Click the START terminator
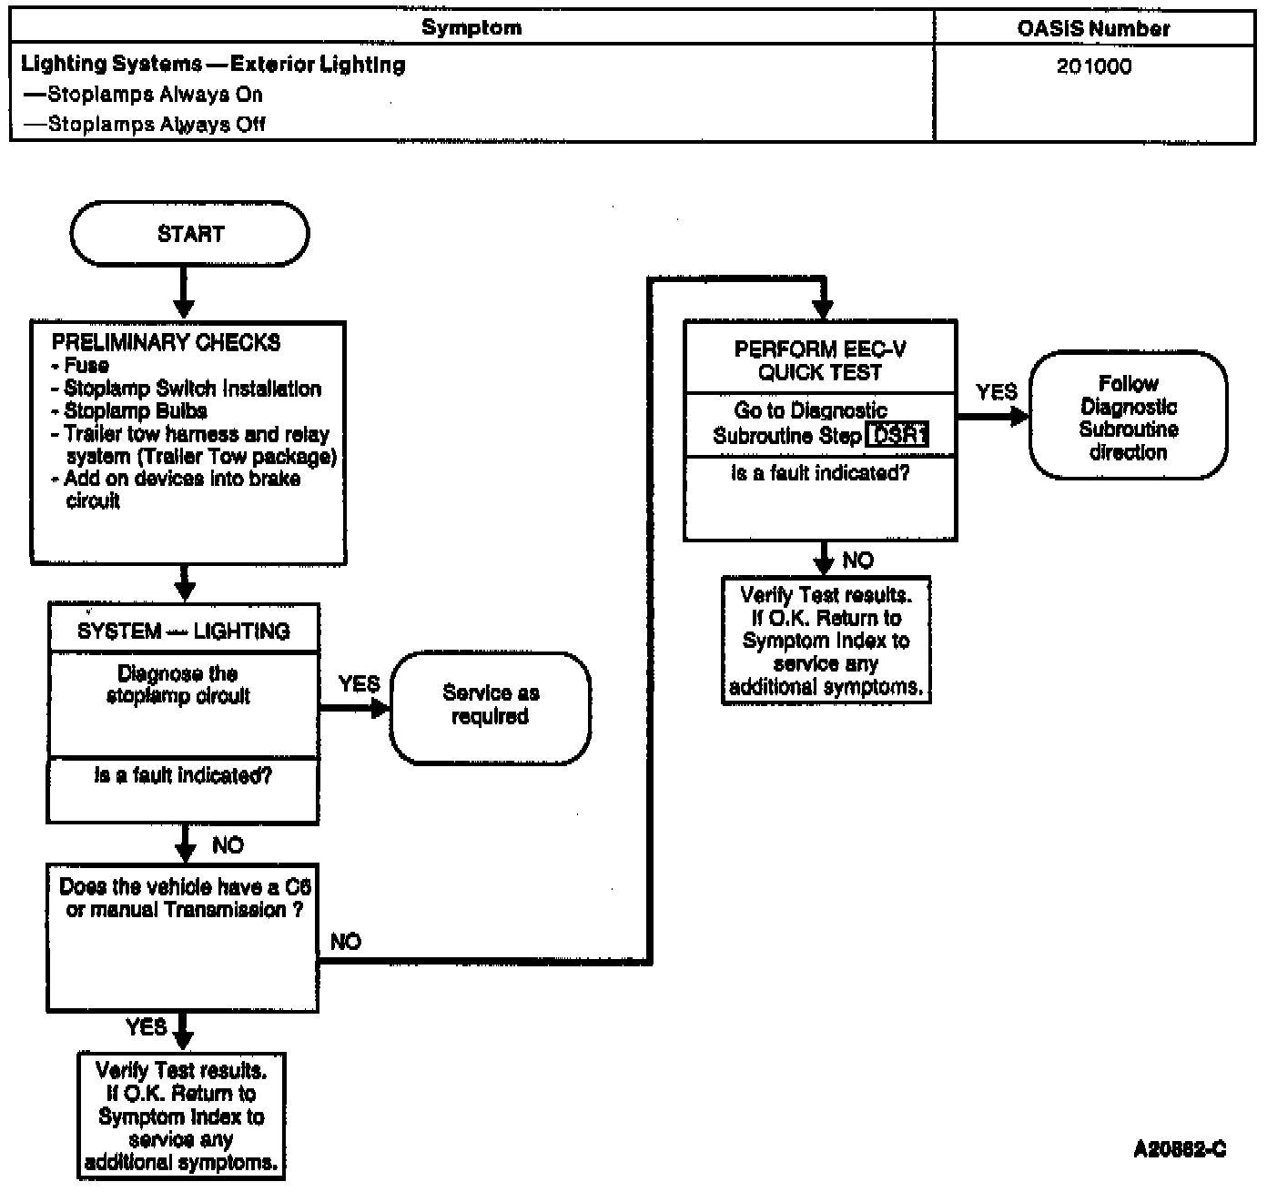189,234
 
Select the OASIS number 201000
1094,66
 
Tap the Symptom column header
471,27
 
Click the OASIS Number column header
1093,29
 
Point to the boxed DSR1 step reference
897,435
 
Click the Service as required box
490,708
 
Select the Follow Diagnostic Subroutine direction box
1128,415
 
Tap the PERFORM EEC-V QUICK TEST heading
820,360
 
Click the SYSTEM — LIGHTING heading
184,631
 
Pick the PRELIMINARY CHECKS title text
166,342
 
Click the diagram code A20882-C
1180,1149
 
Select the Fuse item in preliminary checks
80,366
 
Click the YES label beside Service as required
360,683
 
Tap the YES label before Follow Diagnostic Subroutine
997,391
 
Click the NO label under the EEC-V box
858,560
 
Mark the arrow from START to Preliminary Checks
184,293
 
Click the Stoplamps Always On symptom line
143,95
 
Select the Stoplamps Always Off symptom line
144,124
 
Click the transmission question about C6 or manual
185,898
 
